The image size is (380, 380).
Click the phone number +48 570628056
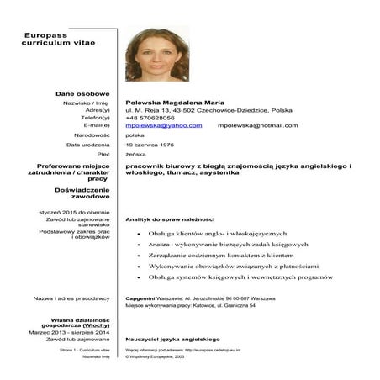(150, 118)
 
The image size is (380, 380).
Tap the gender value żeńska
(135, 155)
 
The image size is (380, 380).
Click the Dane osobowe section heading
(83, 92)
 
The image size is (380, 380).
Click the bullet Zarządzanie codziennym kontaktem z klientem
(220, 253)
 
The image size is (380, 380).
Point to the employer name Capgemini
(139, 298)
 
